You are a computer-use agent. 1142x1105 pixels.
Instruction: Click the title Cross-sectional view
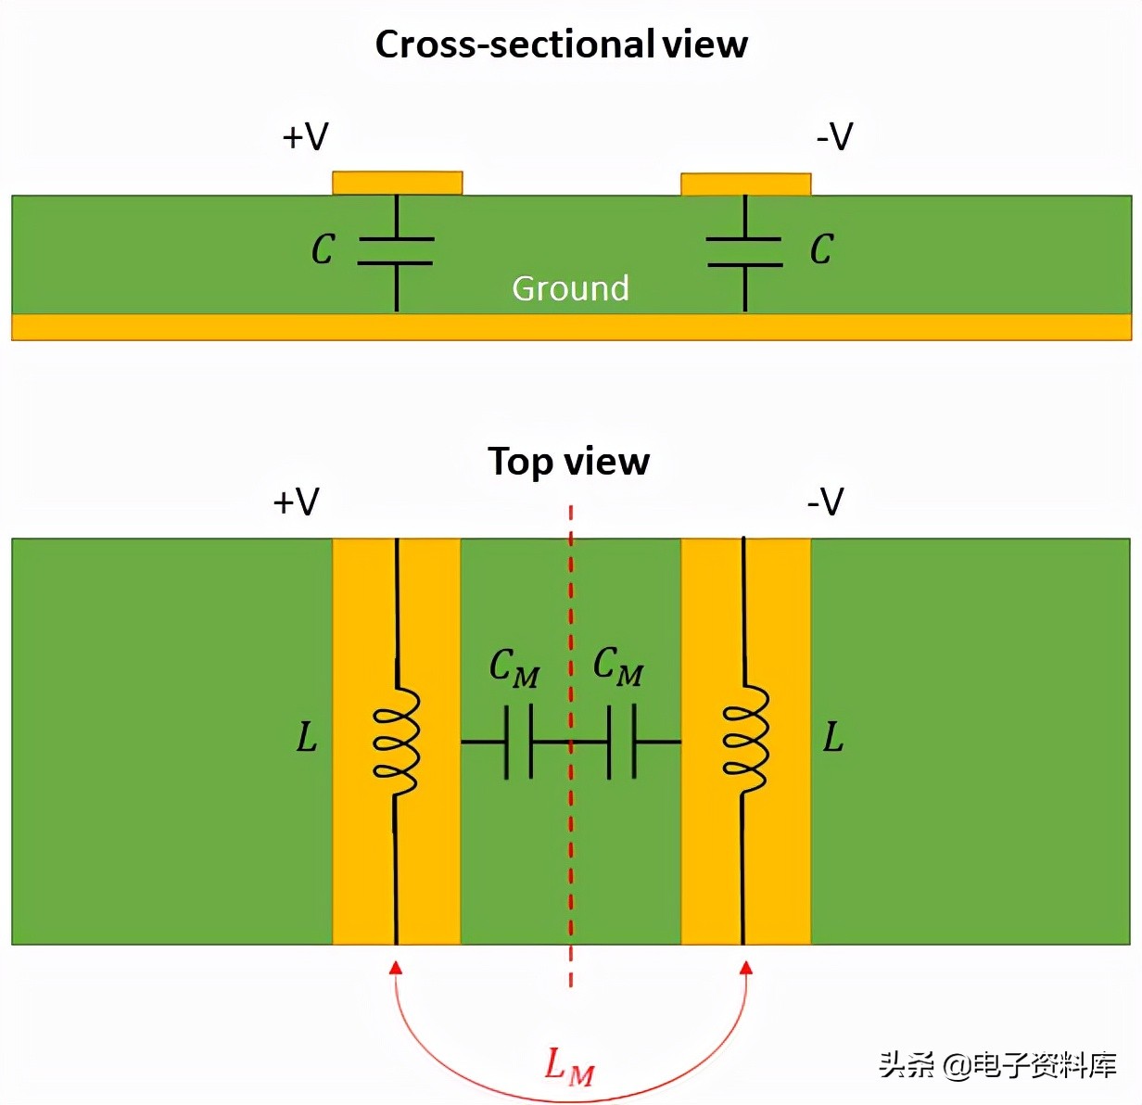point(561,44)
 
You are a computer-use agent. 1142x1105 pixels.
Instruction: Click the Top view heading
point(568,462)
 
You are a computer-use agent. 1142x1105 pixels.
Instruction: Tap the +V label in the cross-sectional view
point(305,137)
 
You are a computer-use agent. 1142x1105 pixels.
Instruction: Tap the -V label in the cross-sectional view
point(834,137)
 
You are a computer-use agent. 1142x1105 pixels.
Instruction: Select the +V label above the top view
point(296,502)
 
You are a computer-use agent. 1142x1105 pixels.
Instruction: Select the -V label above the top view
point(825,502)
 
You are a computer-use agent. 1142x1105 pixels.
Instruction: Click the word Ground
point(570,288)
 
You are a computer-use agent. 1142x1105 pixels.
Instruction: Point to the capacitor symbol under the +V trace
point(396,251)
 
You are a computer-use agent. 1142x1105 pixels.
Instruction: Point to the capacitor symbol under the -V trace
point(744,251)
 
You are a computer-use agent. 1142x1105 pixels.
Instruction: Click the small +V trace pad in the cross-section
point(397,183)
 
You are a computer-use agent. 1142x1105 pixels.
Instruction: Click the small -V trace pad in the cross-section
point(745,184)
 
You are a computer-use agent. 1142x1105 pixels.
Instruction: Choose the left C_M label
point(514,667)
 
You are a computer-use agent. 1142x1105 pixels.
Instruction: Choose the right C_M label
point(617,666)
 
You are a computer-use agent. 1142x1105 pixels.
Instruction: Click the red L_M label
point(568,1066)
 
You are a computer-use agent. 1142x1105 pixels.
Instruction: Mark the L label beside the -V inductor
point(833,738)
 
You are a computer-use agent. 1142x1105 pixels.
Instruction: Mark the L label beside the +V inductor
point(306,738)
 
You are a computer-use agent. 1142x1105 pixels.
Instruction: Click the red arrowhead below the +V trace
point(396,968)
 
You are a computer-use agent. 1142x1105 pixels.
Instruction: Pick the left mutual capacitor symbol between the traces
point(518,742)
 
